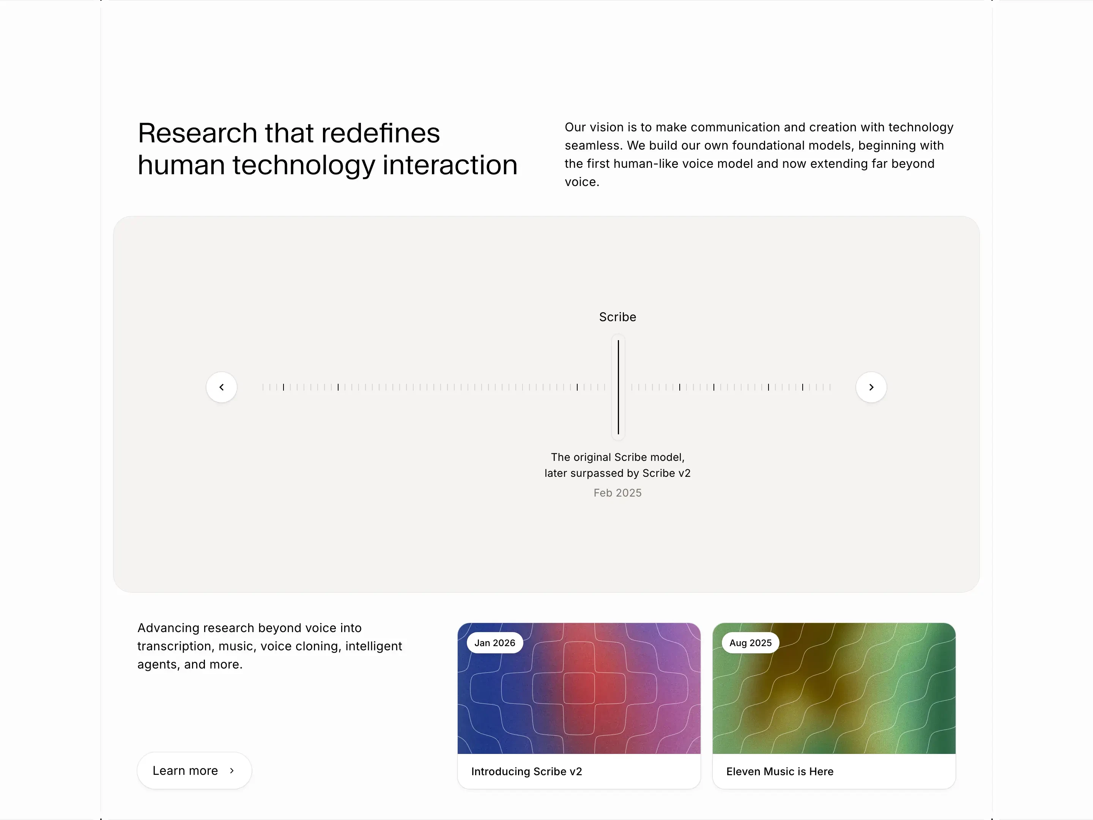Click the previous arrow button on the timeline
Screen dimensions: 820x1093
(x=221, y=387)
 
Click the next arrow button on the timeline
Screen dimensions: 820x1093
(x=871, y=387)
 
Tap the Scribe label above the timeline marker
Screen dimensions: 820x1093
(x=617, y=317)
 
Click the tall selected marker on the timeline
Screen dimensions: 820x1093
(x=618, y=387)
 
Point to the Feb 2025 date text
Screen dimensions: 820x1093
(x=617, y=493)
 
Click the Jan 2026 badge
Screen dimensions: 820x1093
(x=495, y=643)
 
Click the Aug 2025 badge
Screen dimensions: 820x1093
(x=750, y=643)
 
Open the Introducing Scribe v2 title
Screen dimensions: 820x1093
(x=526, y=771)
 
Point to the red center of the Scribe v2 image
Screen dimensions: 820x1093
(x=579, y=687)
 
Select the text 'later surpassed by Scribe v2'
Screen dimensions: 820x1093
(x=617, y=473)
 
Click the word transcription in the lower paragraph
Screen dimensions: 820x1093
(x=173, y=646)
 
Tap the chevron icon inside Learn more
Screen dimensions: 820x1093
(x=232, y=771)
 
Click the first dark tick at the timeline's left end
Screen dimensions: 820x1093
(x=283, y=387)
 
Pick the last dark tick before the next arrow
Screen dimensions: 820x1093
(x=802, y=387)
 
